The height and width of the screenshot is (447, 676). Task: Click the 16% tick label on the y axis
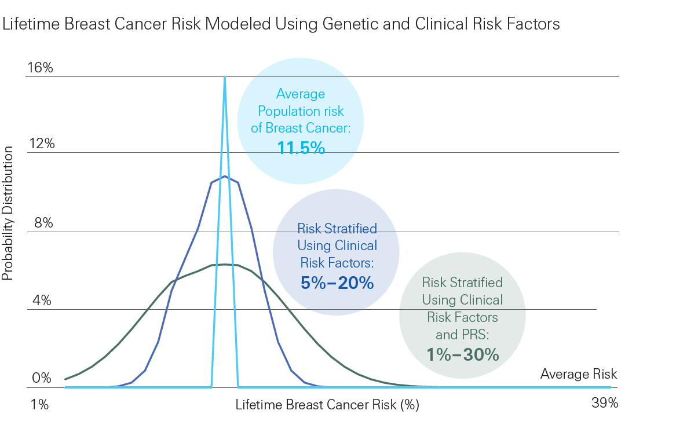(x=39, y=68)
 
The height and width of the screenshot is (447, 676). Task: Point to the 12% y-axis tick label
(x=41, y=144)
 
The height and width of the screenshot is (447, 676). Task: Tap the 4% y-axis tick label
(x=42, y=301)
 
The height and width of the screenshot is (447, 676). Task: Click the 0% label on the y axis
(x=42, y=379)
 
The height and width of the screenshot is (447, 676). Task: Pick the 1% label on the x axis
(x=39, y=404)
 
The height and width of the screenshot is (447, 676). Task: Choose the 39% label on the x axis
(x=605, y=403)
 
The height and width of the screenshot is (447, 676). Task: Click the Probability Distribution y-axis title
(x=8, y=213)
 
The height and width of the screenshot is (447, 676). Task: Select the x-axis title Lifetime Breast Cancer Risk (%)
(x=327, y=405)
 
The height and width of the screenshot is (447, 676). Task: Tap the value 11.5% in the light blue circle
(x=301, y=148)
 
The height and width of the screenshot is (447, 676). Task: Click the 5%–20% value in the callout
(x=337, y=283)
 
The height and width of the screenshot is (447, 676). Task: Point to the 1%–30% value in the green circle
(x=462, y=354)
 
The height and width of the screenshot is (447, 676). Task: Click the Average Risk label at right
(x=579, y=374)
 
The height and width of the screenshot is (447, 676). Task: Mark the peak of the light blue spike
(x=225, y=77)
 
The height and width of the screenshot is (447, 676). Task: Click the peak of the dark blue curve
(x=225, y=176)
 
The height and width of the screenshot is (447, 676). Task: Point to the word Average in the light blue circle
(x=301, y=94)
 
